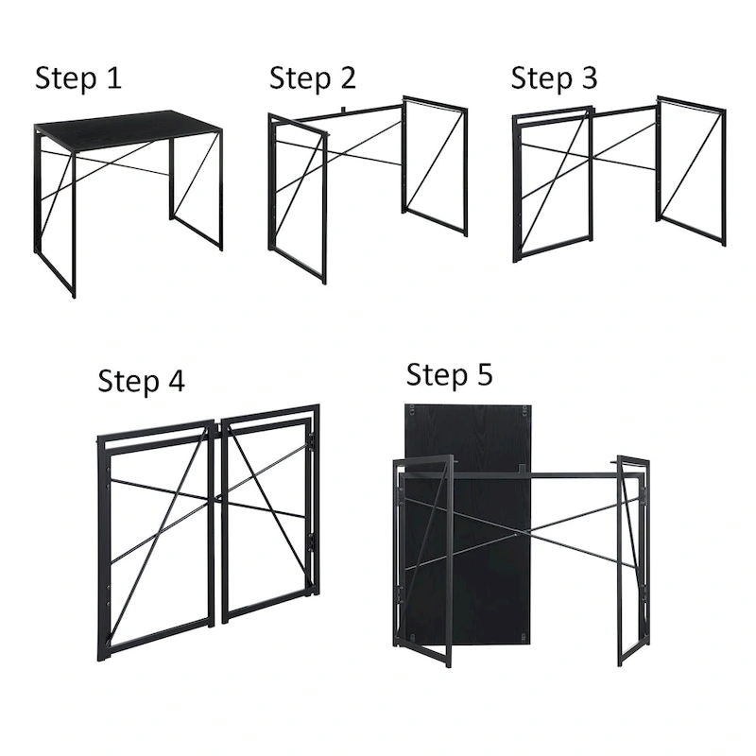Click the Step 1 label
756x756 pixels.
point(78,77)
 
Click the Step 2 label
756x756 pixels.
point(313,77)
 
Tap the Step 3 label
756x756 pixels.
point(555,77)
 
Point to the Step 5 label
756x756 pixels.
point(450,375)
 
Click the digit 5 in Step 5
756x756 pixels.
point(484,375)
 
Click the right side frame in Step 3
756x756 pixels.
point(692,170)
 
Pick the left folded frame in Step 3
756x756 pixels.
point(553,184)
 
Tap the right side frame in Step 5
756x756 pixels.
point(632,558)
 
